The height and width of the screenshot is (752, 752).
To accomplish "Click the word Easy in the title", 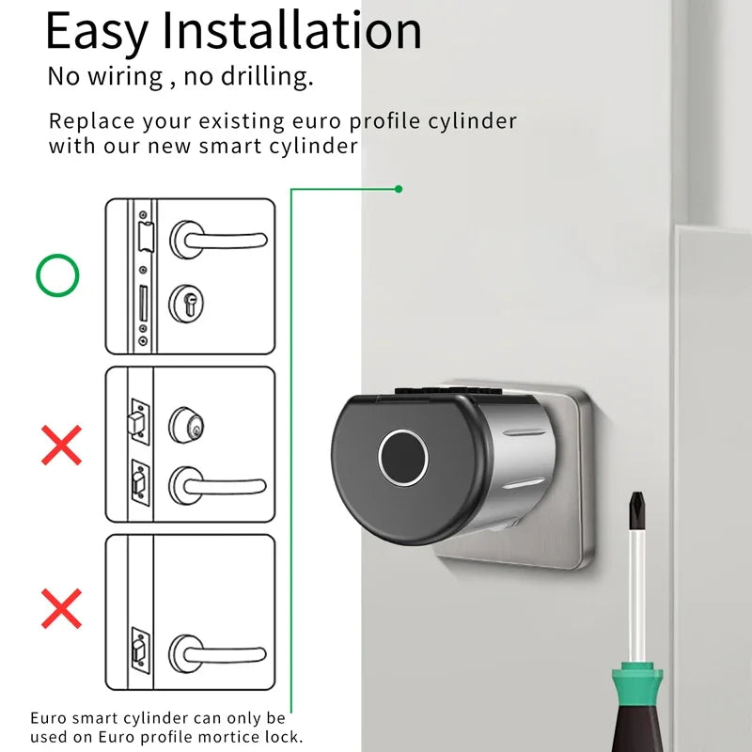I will click(98, 31).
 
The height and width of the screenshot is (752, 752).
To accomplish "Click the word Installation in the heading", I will click(292, 31).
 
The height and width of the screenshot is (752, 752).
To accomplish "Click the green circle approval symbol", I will click(58, 275).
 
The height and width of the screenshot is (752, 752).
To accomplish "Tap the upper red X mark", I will click(61, 445).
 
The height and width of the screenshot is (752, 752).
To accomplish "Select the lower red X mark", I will click(61, 608).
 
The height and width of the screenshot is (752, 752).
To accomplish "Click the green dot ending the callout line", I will click(399, 189).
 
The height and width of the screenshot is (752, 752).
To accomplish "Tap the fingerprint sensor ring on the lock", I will click(403, 459).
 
